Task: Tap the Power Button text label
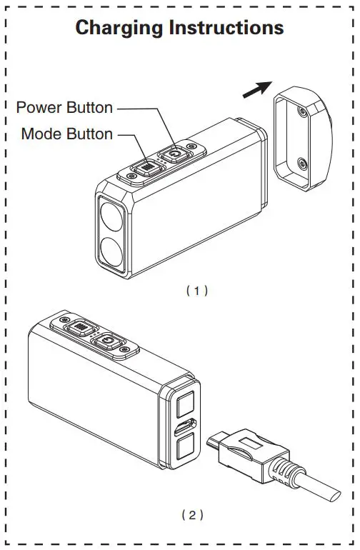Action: [65, 108]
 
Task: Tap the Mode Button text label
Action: [67, 134]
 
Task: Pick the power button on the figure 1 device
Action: [174, 153]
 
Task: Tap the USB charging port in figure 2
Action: [183, 431]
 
